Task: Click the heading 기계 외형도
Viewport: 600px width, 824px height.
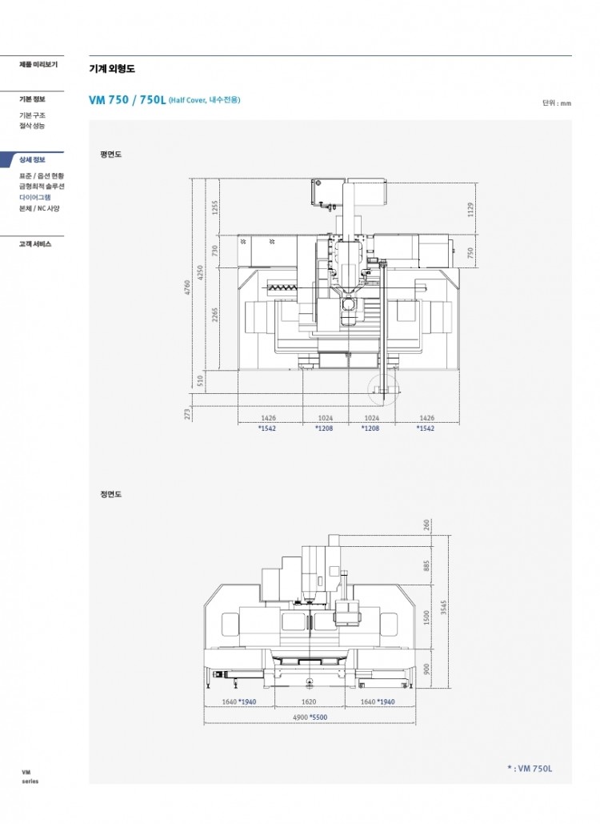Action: (112, 68)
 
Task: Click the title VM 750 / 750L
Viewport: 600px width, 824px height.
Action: (127, 100)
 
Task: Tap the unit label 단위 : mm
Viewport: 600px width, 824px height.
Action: (557, 103)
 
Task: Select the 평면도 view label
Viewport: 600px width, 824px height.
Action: (110, 155)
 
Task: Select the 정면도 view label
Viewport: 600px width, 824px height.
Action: (110, 494)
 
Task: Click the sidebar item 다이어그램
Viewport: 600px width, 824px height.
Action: (35, 197)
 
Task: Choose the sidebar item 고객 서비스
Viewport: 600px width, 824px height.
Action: (35, 243)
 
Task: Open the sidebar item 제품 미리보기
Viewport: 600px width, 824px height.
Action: (38, 64)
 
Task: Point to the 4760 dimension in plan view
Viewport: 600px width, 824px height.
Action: (187, 287)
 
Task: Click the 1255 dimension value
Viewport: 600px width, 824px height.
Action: (214, 207)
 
